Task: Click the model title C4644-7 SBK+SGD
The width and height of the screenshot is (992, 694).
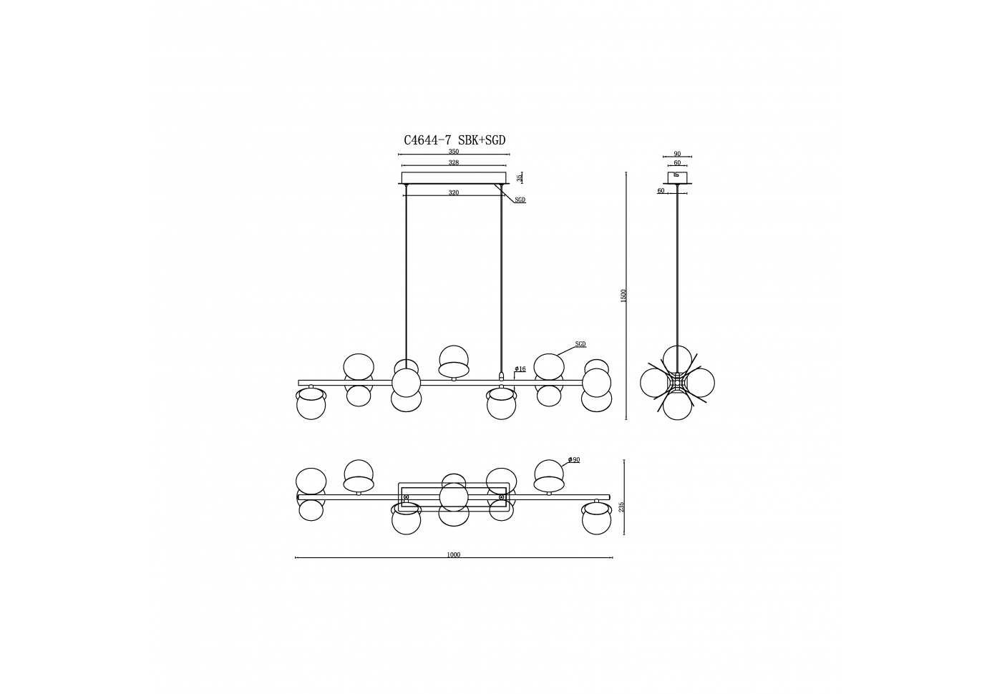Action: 454,140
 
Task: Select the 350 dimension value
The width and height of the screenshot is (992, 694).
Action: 454,152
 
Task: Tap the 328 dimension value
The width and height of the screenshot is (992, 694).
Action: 454,162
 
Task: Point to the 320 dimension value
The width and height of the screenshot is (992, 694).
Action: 454,192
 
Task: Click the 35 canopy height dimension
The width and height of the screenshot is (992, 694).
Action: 520,178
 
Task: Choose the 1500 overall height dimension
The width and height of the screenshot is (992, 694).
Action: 623,295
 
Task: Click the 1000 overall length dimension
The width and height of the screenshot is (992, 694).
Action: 454,554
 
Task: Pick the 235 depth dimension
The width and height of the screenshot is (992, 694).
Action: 622,507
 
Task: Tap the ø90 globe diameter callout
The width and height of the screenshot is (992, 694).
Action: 574,460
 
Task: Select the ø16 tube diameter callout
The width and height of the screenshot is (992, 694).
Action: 520,368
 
